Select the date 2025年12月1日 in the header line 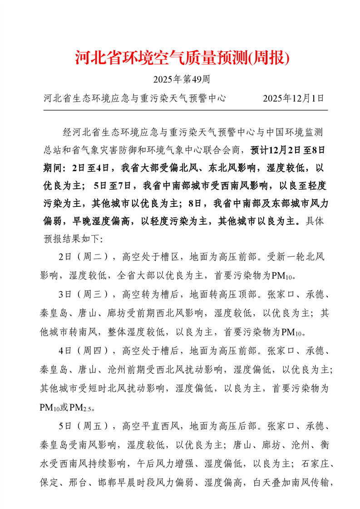[x=294, y=98]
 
